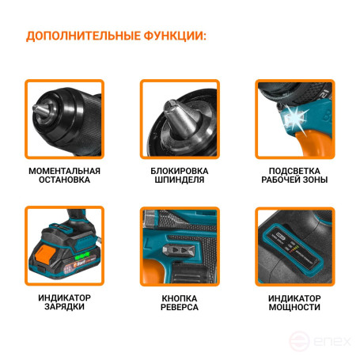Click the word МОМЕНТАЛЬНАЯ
point(64,171)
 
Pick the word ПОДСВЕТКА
point(294,171)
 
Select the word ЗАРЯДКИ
point(64,307)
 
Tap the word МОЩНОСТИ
point(294,307)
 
